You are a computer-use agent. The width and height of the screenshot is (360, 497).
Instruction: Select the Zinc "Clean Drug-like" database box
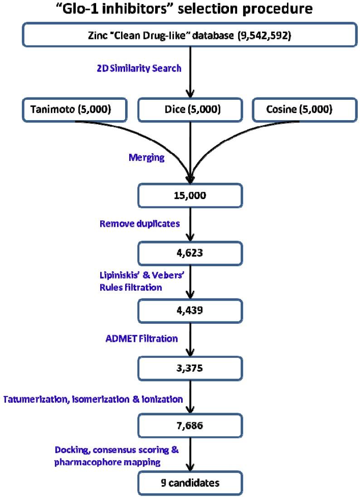click(190, 36)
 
